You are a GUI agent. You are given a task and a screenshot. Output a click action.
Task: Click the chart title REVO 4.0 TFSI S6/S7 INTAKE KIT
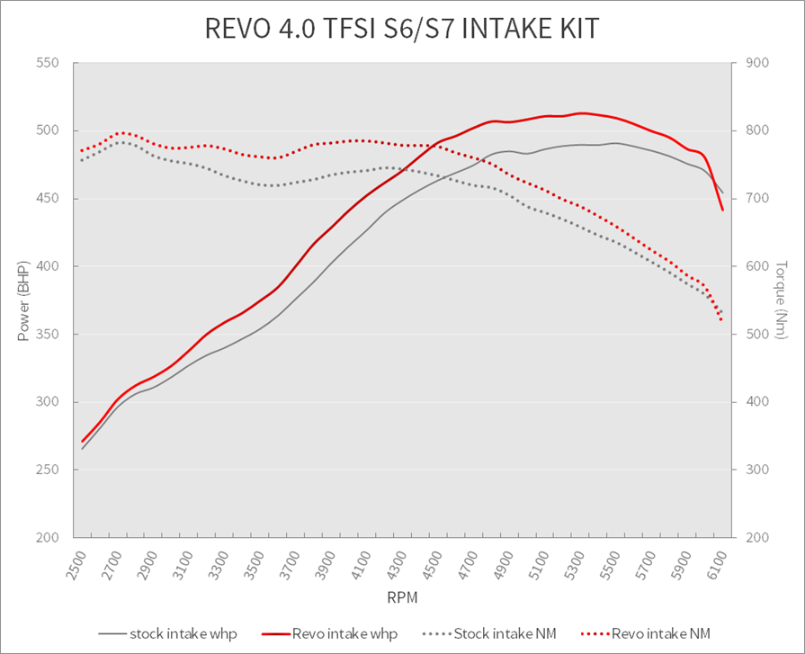pos(402,29)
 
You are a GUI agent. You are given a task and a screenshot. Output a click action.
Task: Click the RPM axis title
pos(402,596)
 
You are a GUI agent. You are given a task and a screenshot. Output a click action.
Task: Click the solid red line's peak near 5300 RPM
pos(583,113)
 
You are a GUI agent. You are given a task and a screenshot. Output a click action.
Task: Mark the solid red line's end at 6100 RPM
pos(723,211)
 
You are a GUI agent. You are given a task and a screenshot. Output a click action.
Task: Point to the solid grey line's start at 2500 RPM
pos(82,448)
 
